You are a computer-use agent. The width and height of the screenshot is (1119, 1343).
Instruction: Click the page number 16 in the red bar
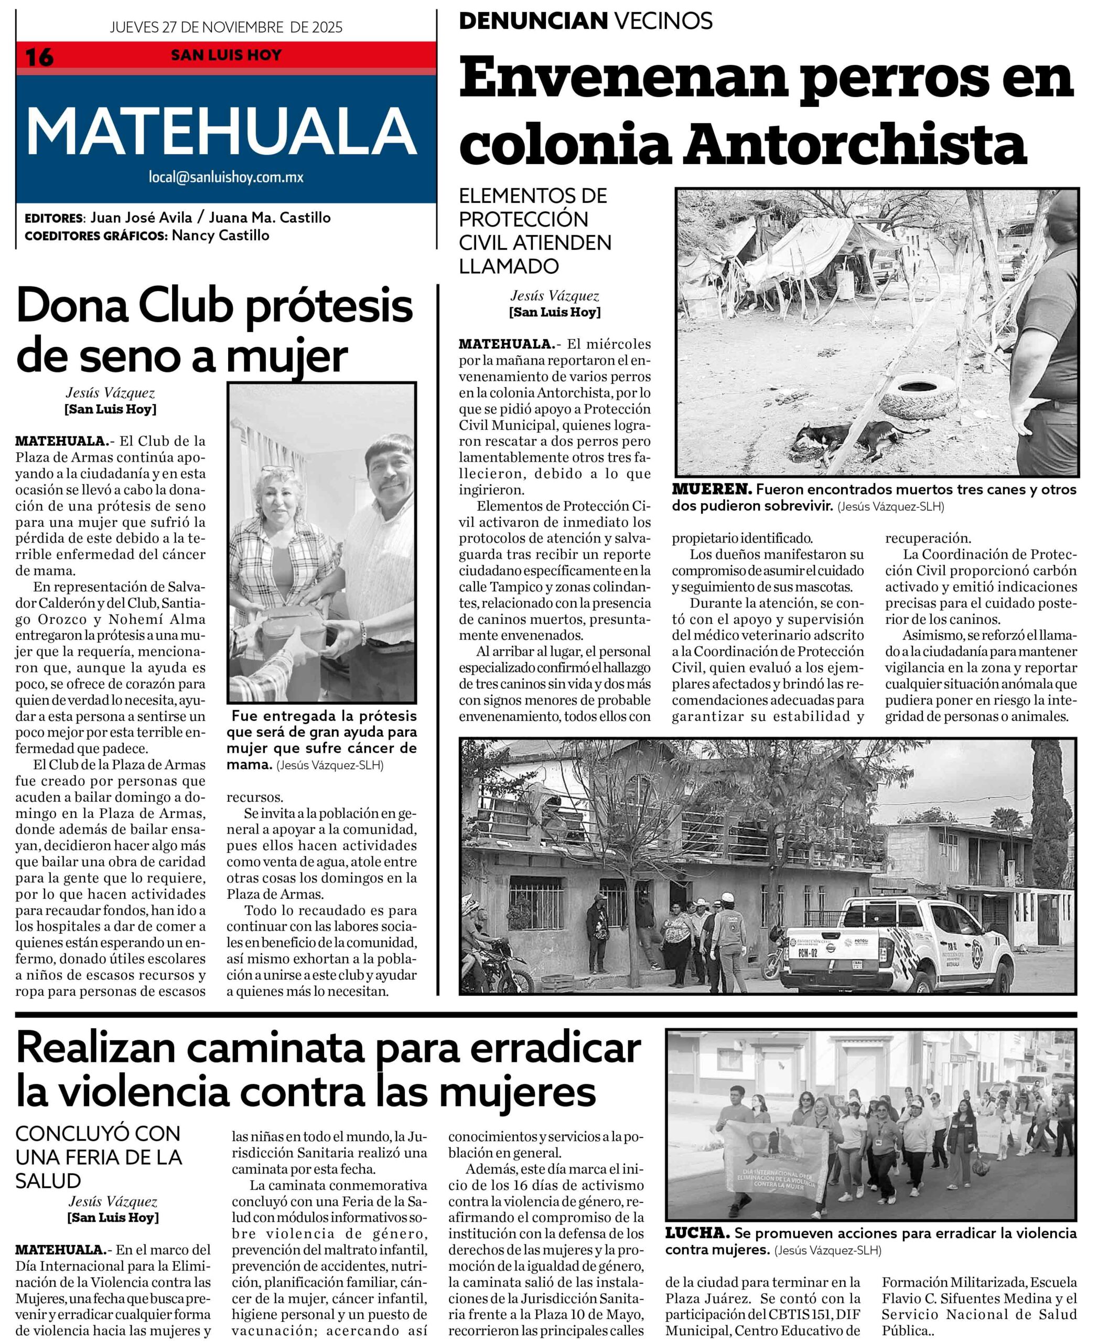point(39,57)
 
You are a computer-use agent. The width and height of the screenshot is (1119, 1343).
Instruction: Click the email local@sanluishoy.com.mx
point(225,177)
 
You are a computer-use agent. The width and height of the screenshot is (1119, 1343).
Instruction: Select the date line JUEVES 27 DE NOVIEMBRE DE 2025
point(225,27)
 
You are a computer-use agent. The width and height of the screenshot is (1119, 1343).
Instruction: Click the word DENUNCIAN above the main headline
point(532,21)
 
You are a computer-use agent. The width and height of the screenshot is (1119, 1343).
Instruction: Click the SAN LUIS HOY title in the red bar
point(225,55)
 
